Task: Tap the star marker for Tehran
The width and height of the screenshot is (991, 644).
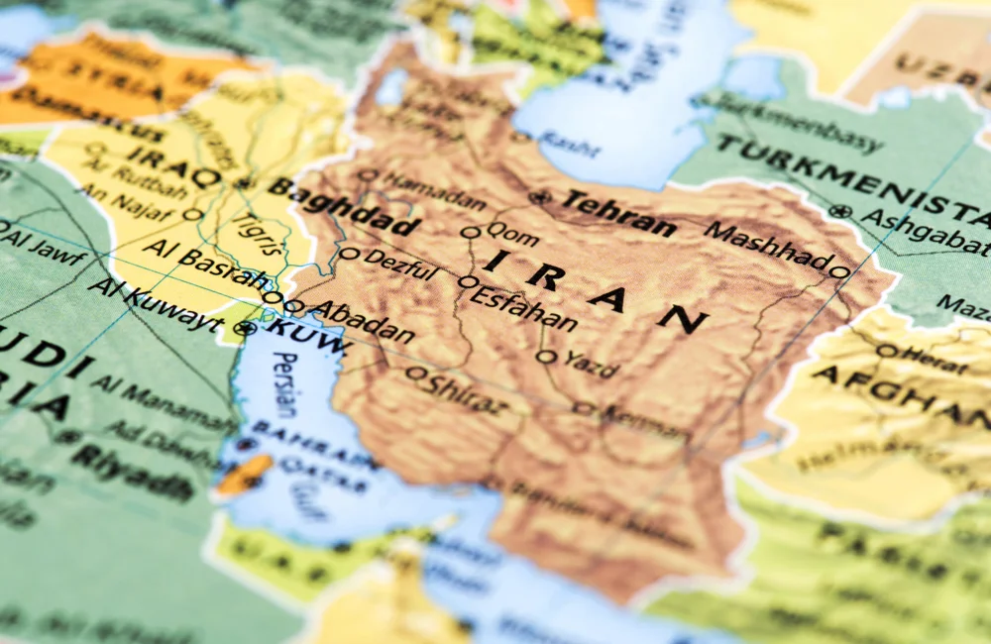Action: tap(540, 197)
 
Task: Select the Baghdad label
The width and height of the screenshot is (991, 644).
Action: tap(343, 207)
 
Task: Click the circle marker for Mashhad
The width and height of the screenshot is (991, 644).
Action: tap(838, 271)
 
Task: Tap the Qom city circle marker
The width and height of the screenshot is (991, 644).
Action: tap(471, 233)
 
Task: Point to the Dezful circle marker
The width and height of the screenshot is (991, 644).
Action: tap(349, 254)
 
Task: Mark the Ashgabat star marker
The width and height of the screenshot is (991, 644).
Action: tap(841, 211)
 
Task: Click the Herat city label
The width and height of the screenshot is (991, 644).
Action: tap(936, 359)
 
